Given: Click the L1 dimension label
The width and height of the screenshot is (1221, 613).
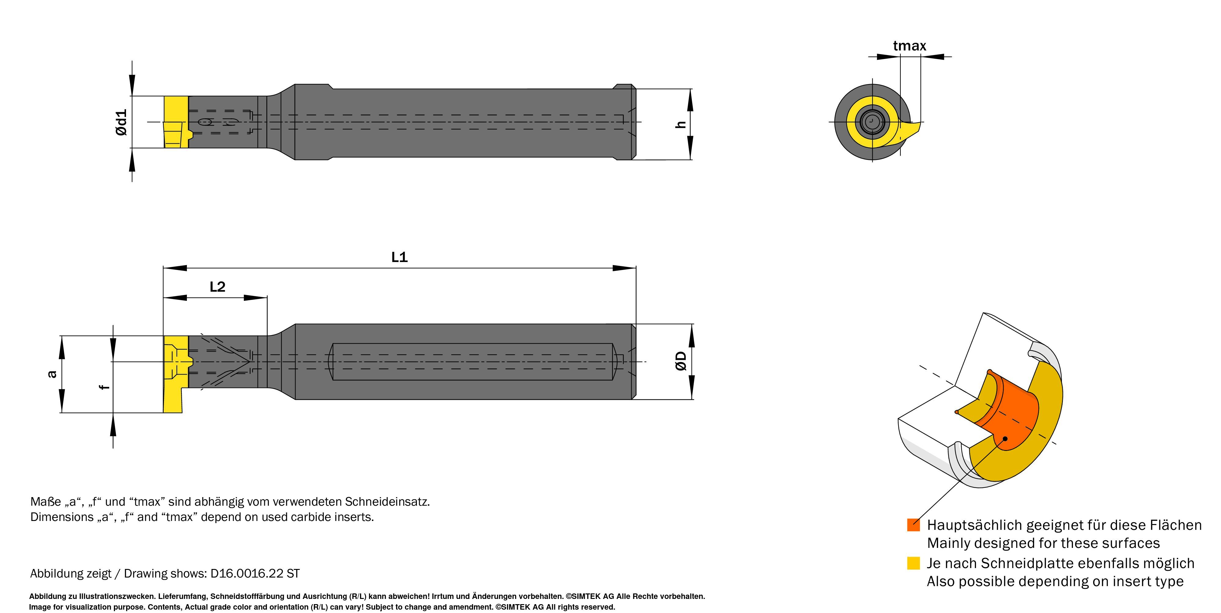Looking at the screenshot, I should [399, 257].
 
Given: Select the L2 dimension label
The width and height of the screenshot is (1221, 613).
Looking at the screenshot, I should [217, 286].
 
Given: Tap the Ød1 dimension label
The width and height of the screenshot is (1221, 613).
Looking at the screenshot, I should [121, 122].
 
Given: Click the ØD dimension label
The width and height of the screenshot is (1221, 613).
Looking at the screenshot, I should [681, 361].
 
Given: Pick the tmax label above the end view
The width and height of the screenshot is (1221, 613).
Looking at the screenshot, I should [909, 46].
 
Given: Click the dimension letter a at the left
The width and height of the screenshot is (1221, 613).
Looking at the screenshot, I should [52, 374].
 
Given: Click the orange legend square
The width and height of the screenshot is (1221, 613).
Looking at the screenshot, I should [913, 525].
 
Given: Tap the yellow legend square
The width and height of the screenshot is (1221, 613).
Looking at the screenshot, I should [913, 563].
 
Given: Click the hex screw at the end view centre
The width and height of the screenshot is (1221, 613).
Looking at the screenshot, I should [872, 122].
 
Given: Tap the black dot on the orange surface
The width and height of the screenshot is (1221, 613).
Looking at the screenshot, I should [1004, 439].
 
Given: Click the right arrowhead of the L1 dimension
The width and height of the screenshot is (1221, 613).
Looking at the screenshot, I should [625, 268].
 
